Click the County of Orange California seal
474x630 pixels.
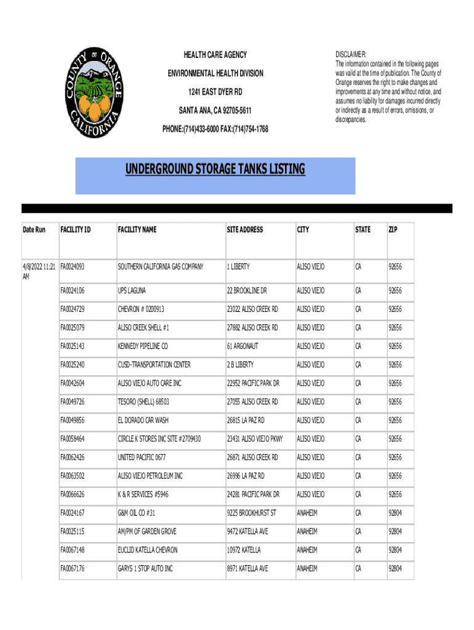94,92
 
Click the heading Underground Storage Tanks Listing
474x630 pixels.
215,169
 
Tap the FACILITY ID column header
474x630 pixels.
75,229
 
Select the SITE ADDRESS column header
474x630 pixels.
244,229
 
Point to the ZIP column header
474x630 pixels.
393,229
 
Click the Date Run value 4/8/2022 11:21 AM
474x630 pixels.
39,271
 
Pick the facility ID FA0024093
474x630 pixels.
72,267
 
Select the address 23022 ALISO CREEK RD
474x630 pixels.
252,309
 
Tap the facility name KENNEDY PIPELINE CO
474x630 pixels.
143,346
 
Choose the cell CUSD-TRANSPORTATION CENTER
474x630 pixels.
154,365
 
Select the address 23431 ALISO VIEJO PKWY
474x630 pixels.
255,439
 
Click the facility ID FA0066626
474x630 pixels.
72,494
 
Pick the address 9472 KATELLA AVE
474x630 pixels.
247,531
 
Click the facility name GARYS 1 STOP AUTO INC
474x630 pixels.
145,568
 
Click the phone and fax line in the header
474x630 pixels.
215,129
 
